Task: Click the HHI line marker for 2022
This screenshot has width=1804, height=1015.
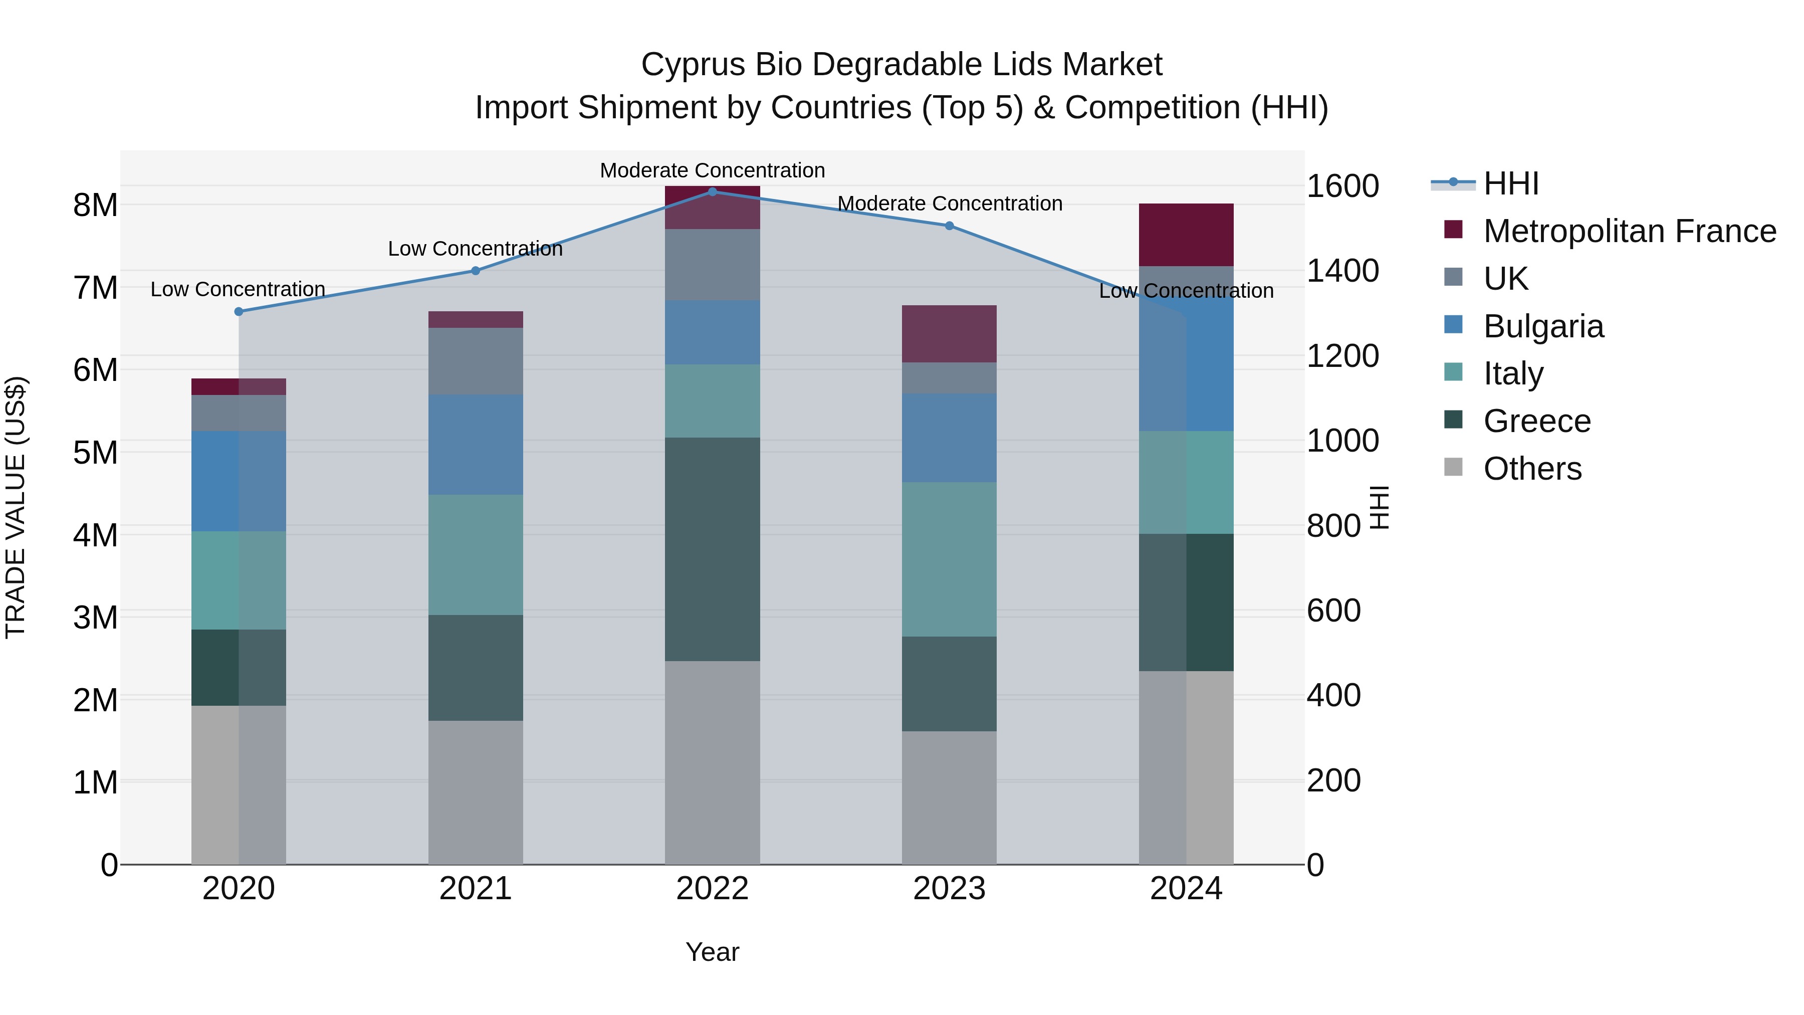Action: pyautogui.click(x=712, y=191)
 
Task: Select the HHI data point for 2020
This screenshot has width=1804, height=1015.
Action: pyautogui.click(x=239, y=311)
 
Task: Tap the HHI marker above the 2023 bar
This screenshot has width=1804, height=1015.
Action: pyautogui.click(x=949, y=226)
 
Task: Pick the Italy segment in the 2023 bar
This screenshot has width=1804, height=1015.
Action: pyautogui.click(x=949, y=558)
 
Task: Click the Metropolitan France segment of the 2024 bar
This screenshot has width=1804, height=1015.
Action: pyautogui.click(x=1186, y=235)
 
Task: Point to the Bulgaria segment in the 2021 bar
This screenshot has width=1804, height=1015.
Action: pyautogui.click(x=476, y=444)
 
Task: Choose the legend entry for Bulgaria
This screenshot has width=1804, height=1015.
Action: pyautogui.click(x=1543, y=326)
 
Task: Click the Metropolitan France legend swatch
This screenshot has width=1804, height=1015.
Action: pyautogui.click(x=1453, y=230)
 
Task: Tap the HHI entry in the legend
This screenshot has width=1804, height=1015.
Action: pyautogui.click(x=1510, y=183)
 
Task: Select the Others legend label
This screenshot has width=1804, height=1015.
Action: pyautogui.click(x=1532, y=469)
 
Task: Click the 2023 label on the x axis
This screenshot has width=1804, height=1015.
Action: pyautogui.click(x=949, y=888)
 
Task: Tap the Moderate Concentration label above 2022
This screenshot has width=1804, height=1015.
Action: pyautogui.click(x=712, y=170)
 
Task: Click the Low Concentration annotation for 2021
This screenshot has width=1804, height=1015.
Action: pyautogui.click(x=476, y=249)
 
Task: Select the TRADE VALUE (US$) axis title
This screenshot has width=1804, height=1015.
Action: pyautogui.click(x=16, y=507)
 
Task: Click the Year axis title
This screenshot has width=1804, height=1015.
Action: pyautogui.click(x=712, y=952)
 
